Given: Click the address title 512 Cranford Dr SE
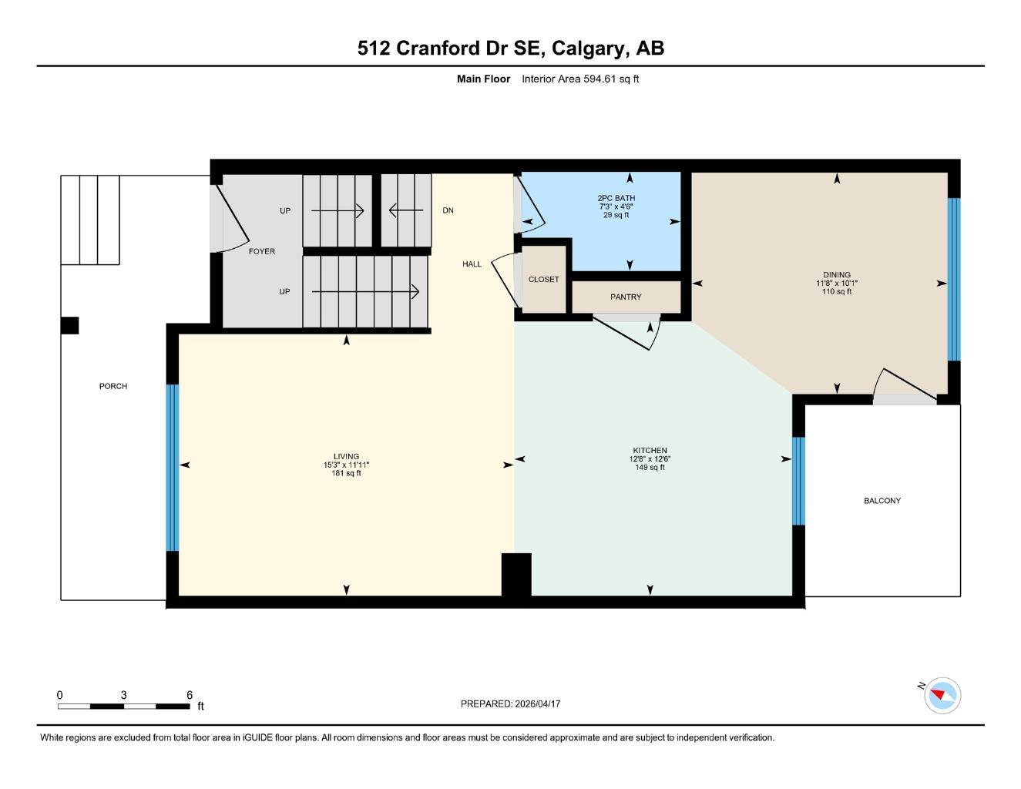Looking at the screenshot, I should coord(510,48).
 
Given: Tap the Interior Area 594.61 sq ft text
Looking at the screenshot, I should coord(579,79).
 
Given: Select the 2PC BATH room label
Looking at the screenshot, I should coord(616,198).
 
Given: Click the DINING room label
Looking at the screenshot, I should coord(836,275).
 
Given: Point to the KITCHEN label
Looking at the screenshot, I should coord(650,451).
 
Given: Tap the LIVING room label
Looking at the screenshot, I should coord(346,457).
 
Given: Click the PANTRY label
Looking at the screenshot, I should coord(626,297).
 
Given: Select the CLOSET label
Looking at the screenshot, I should coord(543,280).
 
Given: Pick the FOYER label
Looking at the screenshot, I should coord(261,251).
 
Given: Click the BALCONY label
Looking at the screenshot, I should coord(882,501).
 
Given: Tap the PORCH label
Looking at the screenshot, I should coord(113,386).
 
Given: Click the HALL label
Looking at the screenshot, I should coord(472,264).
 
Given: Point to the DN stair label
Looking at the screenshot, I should coord(448,210).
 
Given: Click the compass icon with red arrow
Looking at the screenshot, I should coord(942,696).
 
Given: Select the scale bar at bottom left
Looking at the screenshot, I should coord(123,705).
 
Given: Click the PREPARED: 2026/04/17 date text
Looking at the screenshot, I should coord(510,703).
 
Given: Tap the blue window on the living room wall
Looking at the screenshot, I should coord(173,468).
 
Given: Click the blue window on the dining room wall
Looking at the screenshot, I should coord(953,279).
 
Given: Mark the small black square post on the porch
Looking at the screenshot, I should coord(69,325).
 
